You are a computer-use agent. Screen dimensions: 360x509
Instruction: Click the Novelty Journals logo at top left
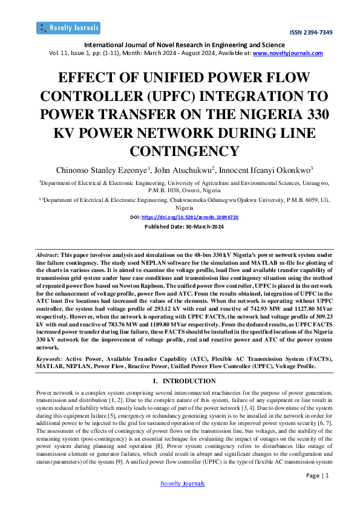(68, 28)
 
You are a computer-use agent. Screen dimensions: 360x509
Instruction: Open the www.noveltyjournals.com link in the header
(287, 53)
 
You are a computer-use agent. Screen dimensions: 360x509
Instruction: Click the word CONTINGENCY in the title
(180, 150)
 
